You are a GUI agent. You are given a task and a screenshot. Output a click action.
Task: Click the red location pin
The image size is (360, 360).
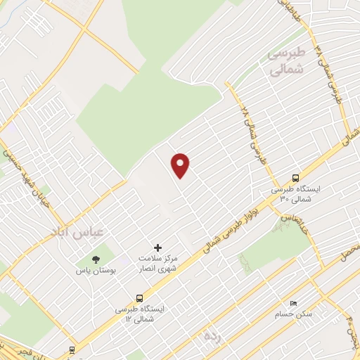pyautogui.click(x=181, y=165)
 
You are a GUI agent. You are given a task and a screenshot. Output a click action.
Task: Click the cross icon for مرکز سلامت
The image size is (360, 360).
pyautogui.click(x=157, y=247)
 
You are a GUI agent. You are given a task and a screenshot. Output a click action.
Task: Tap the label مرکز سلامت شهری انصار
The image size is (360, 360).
pyautogui.click(x=156, y=263)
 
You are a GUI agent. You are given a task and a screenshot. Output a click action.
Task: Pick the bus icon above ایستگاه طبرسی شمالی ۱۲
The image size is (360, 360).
pyautogui.click(x=139, y=298)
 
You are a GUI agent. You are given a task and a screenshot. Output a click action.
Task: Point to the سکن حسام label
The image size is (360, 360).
pyautogui.click(x=294, y=314)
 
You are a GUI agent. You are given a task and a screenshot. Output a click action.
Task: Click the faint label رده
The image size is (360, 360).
pyautogui.click(x=211, y=335)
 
